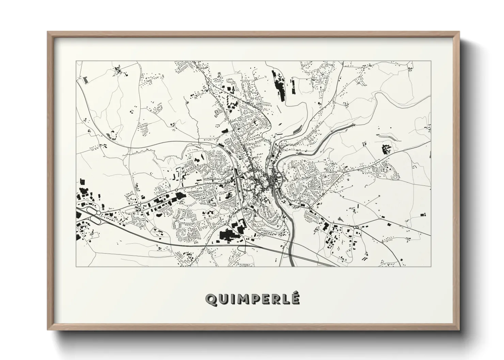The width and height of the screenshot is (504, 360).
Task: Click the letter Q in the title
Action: coord(210,299)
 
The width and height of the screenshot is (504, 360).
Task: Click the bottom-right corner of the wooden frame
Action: coord(459,329)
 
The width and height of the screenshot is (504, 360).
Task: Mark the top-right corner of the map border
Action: coord(431,61)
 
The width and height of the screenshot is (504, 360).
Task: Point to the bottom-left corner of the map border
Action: coord(76,266)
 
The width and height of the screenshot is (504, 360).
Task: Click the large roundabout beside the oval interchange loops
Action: coord(98,213)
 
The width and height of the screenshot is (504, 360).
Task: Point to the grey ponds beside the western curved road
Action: coord(111,135)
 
